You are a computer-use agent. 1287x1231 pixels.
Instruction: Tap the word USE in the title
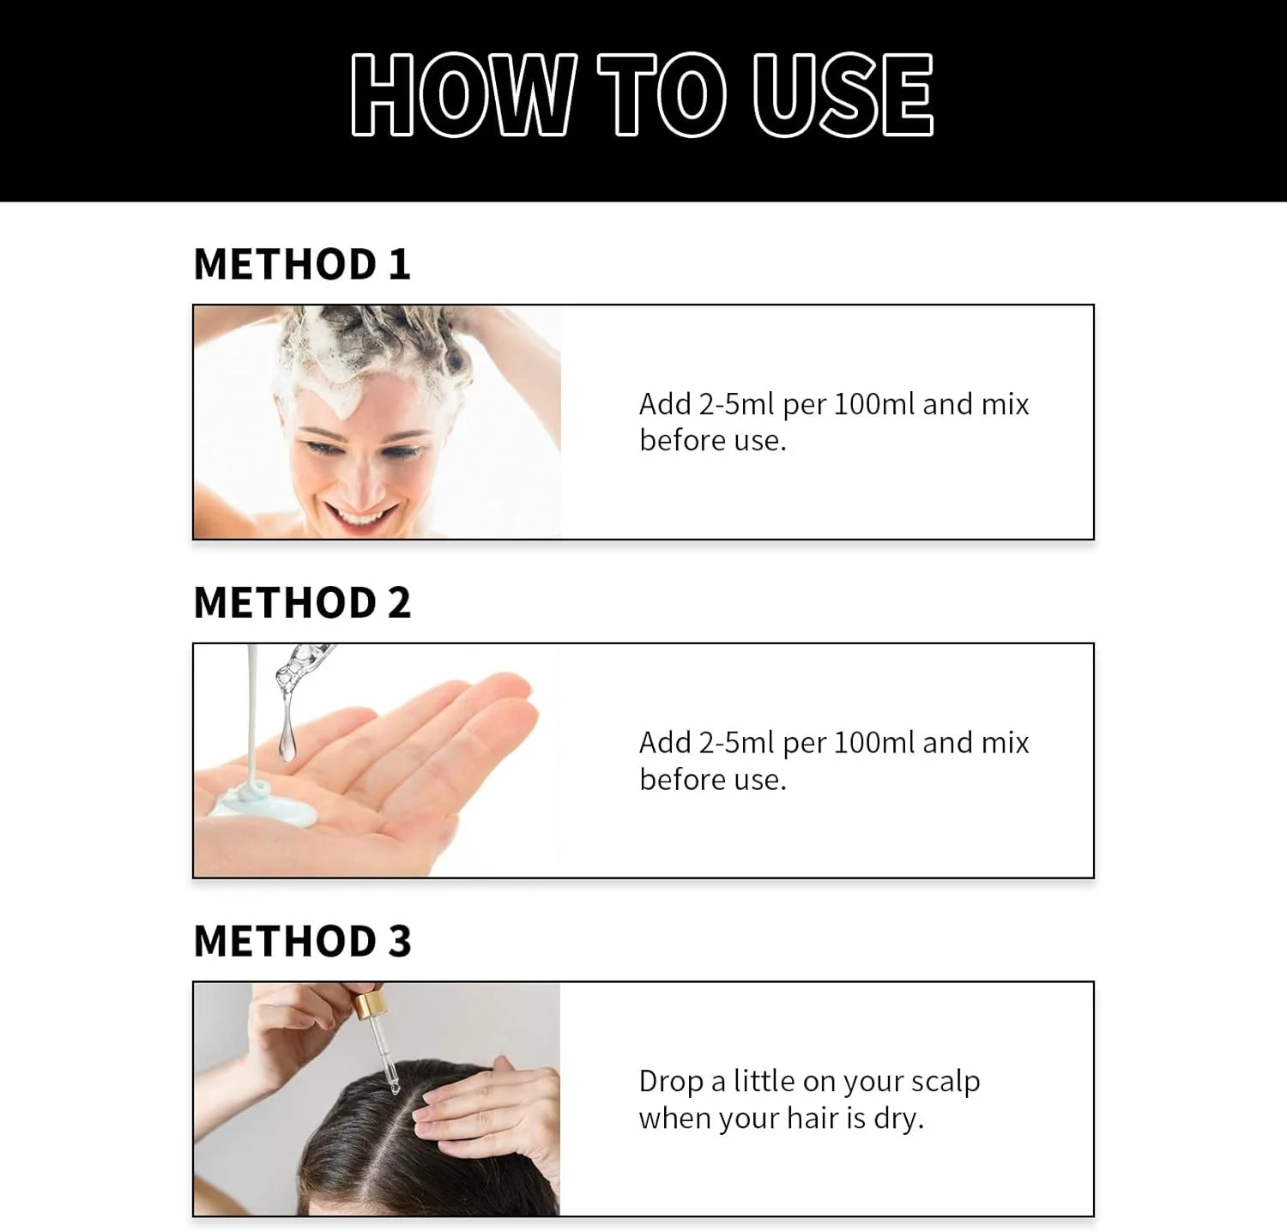(842, 94)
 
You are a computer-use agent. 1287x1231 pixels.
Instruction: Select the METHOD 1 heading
(302, 263)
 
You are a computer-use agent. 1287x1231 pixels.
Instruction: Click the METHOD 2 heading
(302, 602)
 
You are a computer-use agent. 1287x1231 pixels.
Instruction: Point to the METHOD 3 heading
(302, 941)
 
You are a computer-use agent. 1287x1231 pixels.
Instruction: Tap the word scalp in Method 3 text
(946, 1082)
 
